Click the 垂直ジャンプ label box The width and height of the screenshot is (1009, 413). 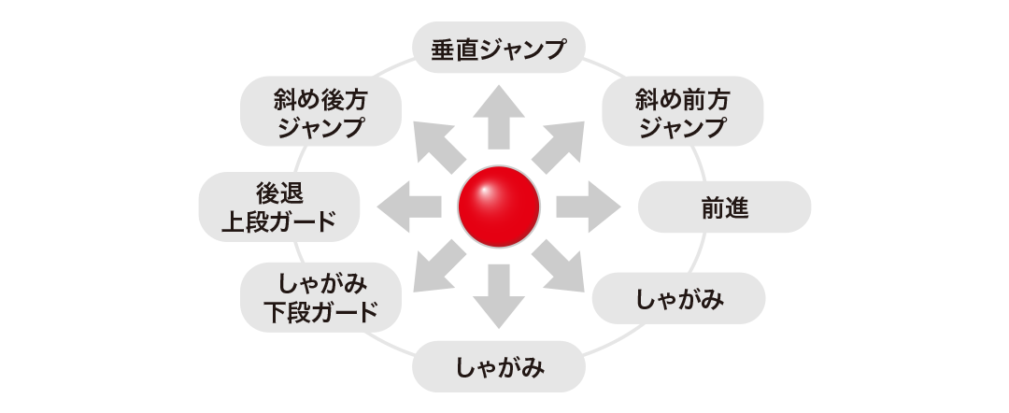499,49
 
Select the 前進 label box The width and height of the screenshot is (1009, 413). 724,206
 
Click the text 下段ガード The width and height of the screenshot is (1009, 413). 320,312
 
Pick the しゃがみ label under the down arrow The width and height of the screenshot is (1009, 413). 499,365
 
